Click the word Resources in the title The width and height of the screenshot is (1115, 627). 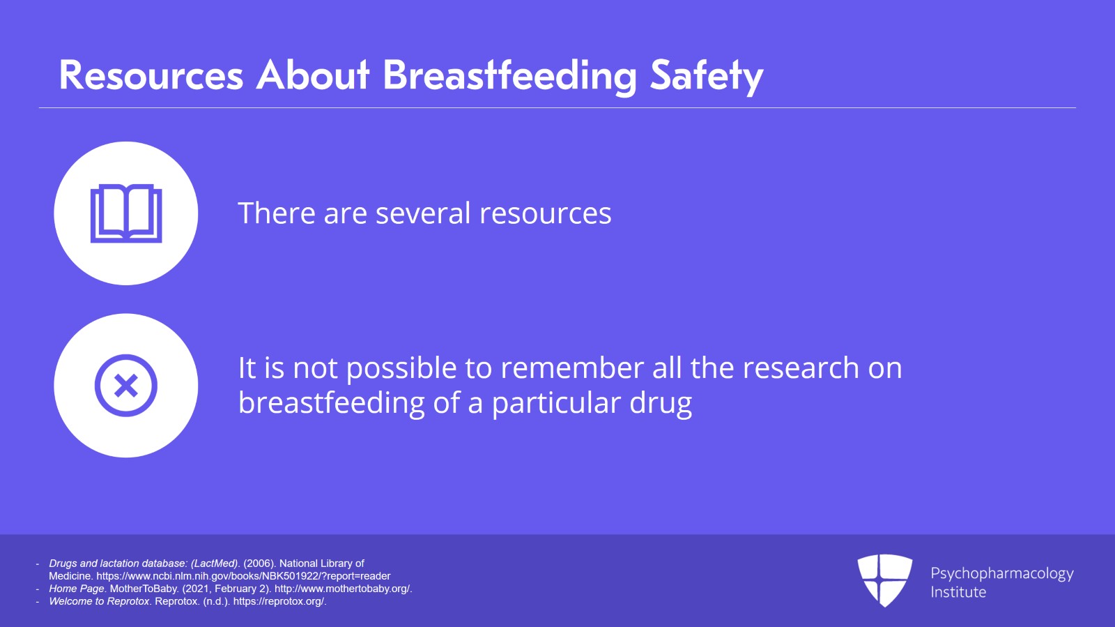coord(151,75)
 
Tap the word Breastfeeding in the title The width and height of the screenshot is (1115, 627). coord(509,75)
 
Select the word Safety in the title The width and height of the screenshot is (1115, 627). coord(706,75)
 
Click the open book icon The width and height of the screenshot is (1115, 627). coord(126,213)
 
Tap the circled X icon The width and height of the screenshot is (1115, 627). coord(126,386)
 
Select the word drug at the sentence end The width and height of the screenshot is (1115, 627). coord(661,403)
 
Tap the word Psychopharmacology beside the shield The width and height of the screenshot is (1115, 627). coord(1001,573)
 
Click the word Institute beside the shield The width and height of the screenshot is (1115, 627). coord(958,592)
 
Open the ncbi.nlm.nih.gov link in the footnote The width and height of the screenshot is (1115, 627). coord(243,576)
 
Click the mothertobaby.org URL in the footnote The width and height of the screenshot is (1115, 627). coord(342,589)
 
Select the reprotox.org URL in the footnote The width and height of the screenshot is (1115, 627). coord(279,601)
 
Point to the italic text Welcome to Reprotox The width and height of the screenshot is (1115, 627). coord(99,601)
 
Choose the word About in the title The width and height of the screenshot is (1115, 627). coord(313,75)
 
